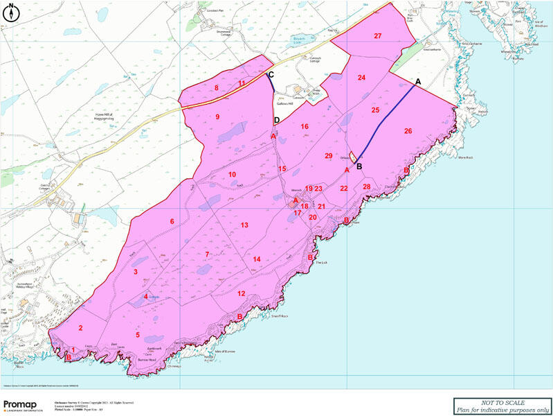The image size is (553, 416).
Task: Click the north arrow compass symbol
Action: tap(12, 10)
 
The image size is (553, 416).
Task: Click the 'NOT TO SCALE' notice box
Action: tap(502, 406)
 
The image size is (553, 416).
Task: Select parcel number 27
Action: tap(378, 35)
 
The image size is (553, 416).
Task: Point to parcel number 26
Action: tap(408, 131)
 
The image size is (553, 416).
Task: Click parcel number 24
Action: tap(361, 78)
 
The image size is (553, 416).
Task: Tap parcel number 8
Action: tap(216, 88)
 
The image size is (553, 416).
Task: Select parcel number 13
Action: tap(244, 225)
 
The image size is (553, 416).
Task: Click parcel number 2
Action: tap(81, 328)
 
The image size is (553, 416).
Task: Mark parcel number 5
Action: tap(138, 336)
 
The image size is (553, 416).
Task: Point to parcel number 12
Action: tap(241, 293)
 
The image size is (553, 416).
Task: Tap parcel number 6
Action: tap(172, 221)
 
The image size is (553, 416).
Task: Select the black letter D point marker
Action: tap(277, 121)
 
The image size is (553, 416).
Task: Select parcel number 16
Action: tap(304, 127)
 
